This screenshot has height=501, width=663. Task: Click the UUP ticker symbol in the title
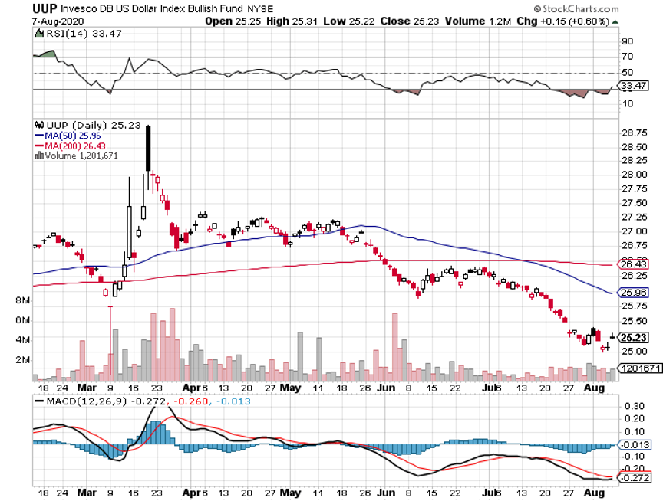pyautogui.click(x=20, y=8)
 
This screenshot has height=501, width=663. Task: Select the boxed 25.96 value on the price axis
pyautogui.click(x=635, y=292)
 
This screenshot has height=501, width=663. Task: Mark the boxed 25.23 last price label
pyautogui.click(x=635, y=337)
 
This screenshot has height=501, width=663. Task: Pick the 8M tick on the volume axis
pyautogui.click(x=21, y=301)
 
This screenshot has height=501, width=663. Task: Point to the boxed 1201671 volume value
pyautogui.click(x=638, y=368)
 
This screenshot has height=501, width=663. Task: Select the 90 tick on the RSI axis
pyautogui.click(x=627, y=41)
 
